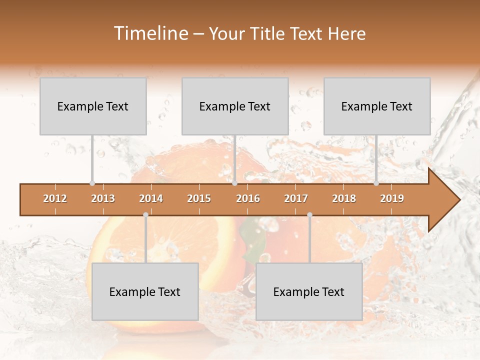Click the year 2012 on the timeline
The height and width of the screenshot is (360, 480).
click(55, 199)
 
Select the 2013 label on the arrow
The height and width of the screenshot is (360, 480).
click(103, 199)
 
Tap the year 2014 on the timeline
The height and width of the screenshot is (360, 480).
click(151, 199)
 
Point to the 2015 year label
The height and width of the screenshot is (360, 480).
click(199, 199)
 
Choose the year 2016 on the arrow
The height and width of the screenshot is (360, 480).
click(248, 199)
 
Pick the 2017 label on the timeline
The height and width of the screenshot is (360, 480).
click(296, 199)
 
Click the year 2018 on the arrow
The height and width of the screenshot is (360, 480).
click(344, 199)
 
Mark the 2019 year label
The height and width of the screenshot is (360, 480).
click(392, 199)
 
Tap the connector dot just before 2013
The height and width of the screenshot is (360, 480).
click(92, 183)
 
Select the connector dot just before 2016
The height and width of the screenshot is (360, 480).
click(234, 183)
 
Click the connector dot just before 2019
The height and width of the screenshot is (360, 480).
click(376, 183)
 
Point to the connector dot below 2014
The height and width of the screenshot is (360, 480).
click(145, 215)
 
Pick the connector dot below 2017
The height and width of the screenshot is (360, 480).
click(309, 215)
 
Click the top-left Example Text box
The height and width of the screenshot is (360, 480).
click(93, 106)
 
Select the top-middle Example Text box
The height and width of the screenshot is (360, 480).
click(235, 106)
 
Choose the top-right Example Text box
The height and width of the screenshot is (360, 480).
click(377, 106)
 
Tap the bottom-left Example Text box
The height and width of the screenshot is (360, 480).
click(145, 291)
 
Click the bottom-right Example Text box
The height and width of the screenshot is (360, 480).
click(309, 291)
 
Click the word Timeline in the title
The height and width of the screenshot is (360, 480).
click(150, 33)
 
